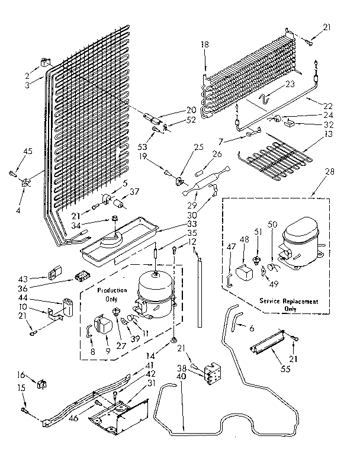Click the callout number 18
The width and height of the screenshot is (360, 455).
[x=205, y=44]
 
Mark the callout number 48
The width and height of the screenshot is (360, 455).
[x=244, y=240]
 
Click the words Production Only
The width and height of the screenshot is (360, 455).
[x=112, y=295]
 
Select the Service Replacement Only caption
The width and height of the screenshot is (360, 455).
[x=288, y=305]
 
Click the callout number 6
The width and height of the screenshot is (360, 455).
[x=251, y=328]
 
